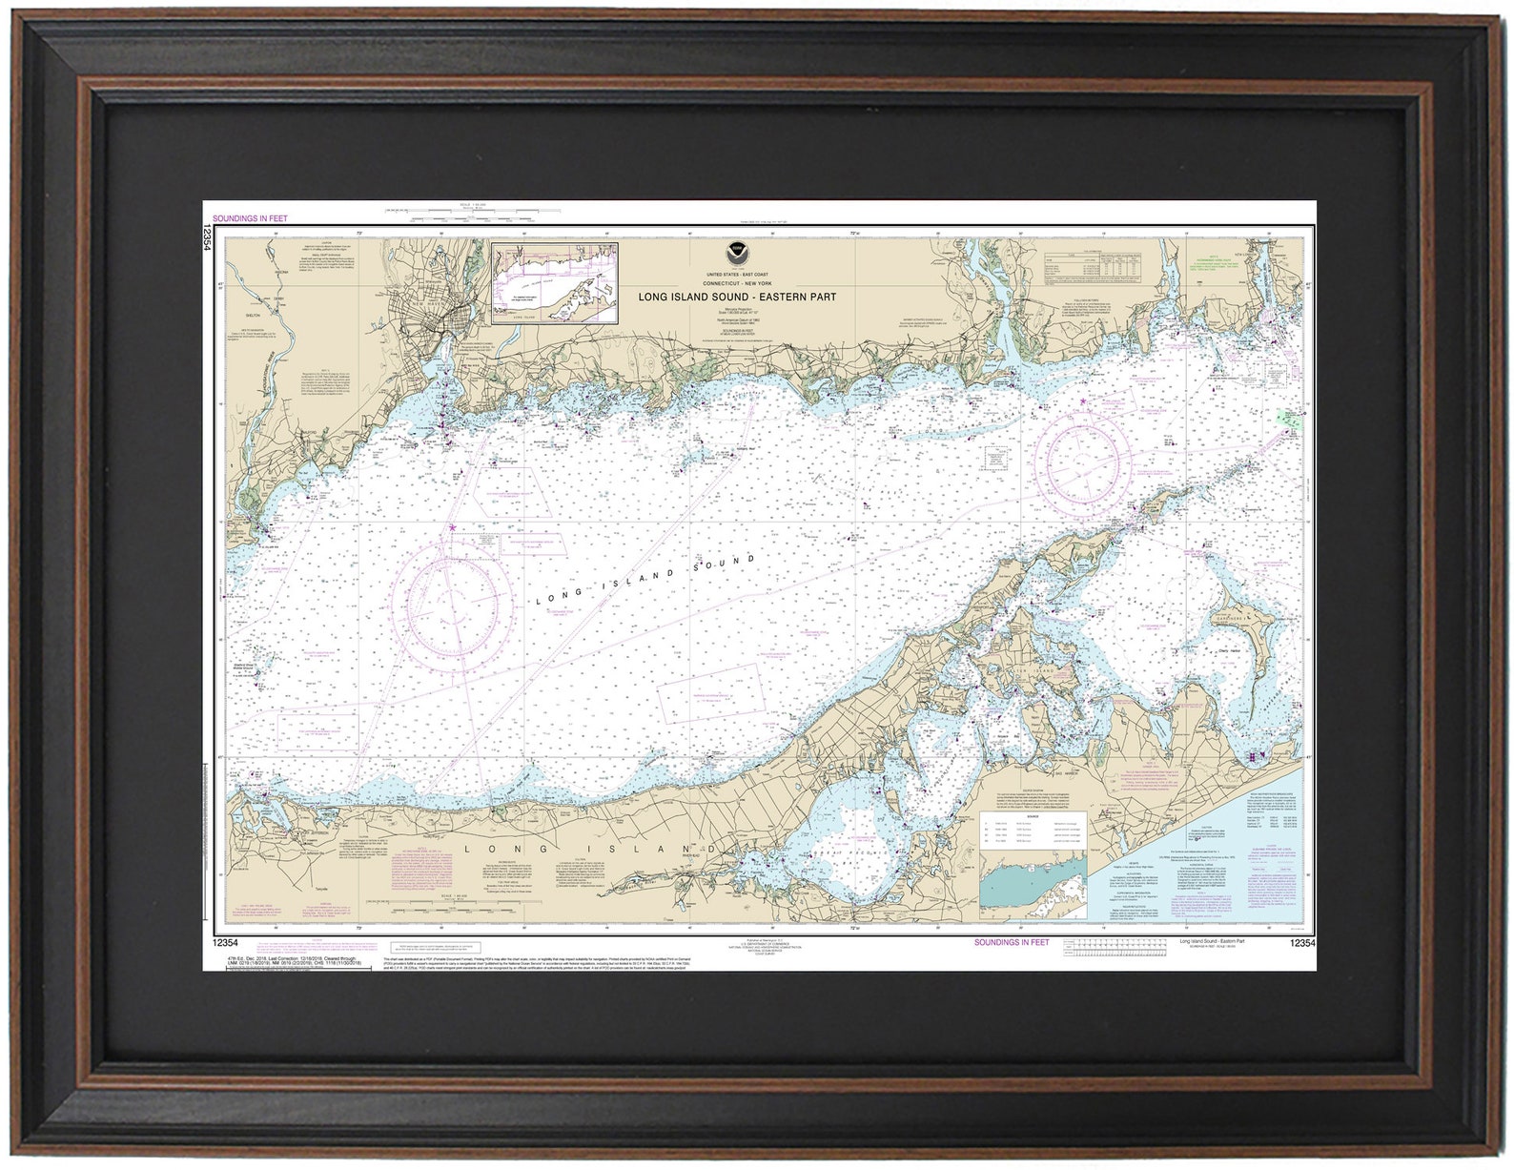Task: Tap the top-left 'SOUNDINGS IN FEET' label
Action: click(x=249, y=218)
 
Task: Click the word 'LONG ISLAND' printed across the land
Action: click(x=588, y=848)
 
